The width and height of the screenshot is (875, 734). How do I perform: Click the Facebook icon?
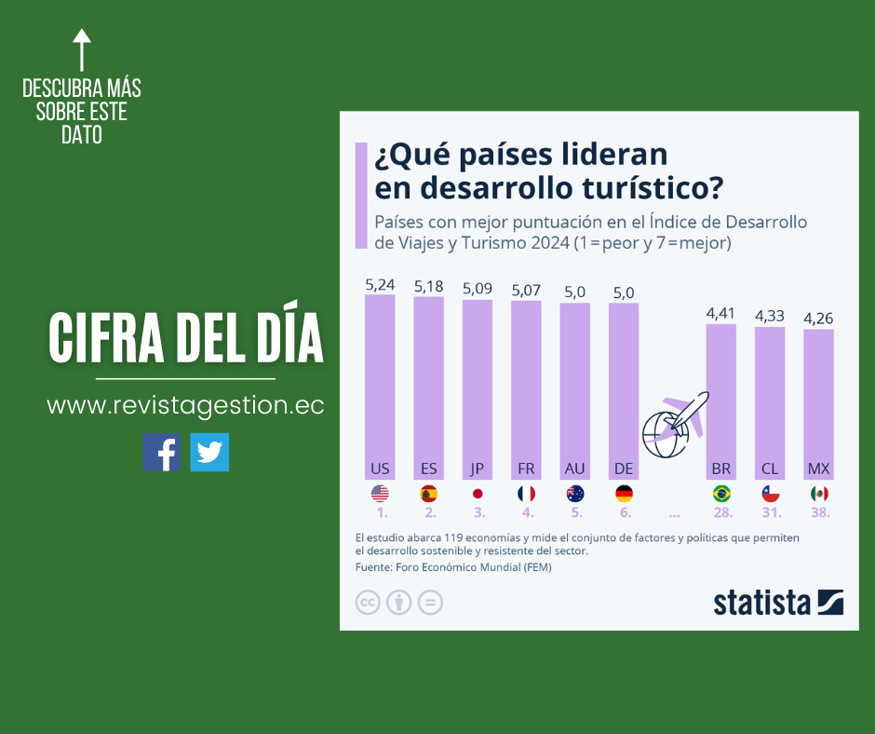point(162,452)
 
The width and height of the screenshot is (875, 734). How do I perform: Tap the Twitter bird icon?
point(209,452)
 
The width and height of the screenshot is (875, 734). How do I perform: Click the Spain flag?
point(428,494)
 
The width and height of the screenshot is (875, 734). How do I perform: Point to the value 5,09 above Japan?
point(478,289)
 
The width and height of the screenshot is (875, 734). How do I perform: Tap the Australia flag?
point(575,494)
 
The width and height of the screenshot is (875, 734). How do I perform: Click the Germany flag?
point(624,494)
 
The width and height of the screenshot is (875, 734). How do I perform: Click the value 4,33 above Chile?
point(770,316)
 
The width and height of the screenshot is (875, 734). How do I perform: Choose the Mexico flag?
point(819,494)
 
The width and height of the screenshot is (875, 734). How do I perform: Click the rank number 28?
point(722,512)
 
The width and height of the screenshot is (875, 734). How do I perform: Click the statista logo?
point(778,603)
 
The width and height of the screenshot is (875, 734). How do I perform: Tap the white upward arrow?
point(82,49)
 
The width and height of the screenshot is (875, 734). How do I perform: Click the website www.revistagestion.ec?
point(185,406)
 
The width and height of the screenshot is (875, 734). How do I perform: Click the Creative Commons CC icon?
point(368,603)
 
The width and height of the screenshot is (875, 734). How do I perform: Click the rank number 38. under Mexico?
point(819,512)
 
